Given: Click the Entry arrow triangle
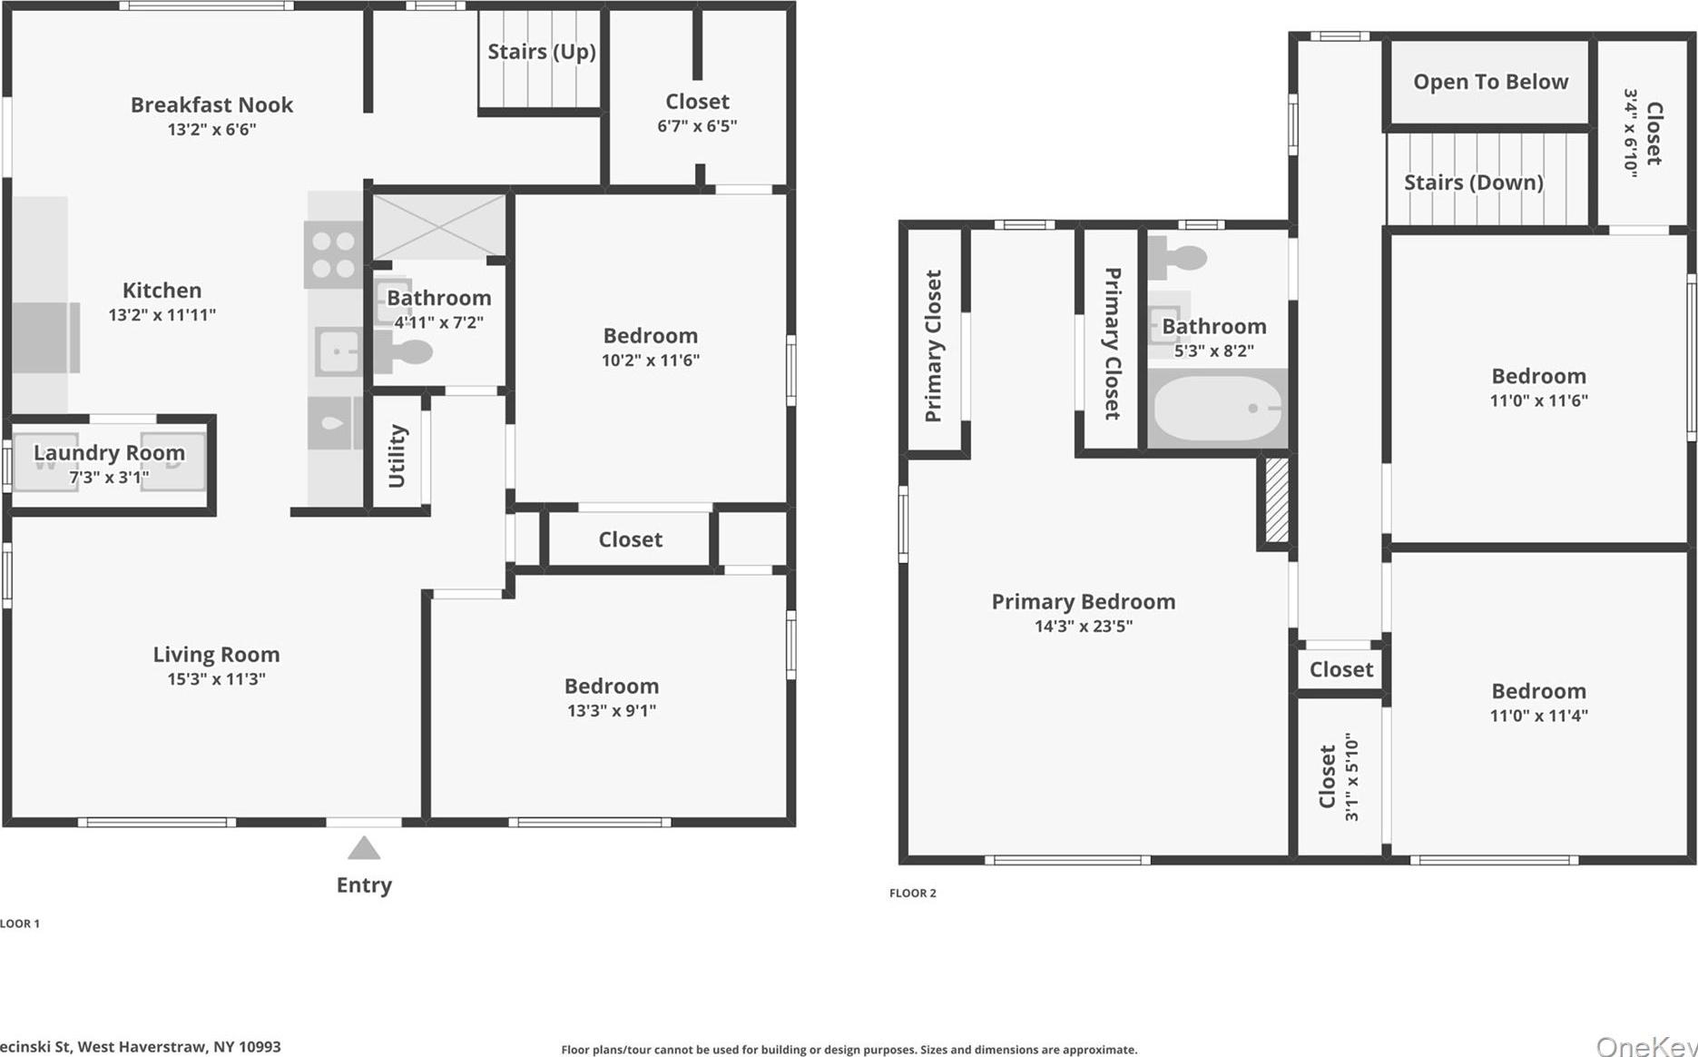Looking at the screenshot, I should point(364,848).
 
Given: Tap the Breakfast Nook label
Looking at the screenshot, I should point(211,104).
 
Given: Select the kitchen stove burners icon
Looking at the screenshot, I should point(333,255).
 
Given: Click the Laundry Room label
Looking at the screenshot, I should point(109,452).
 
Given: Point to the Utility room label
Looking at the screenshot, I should point(397,456).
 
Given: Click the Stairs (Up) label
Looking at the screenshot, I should point(542,52).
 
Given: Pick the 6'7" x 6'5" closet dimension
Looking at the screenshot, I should point(697,126).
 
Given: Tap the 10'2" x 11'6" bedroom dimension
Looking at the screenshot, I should point(651,361).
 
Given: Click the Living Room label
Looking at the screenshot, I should point(216,654).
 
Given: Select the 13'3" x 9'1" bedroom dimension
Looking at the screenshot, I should point(612,711).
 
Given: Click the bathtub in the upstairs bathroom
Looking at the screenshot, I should point(1217,409).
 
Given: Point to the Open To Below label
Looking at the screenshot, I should point(1490,82).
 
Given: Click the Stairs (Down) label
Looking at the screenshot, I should point(1474,183).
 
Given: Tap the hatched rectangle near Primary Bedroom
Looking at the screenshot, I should point(1276,500).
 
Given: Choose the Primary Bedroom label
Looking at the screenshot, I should point(1084,601).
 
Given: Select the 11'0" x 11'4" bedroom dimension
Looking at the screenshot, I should point(1539,716).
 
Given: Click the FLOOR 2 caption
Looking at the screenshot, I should point(913,894).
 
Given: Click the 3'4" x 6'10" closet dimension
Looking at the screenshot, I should point(1631,133).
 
